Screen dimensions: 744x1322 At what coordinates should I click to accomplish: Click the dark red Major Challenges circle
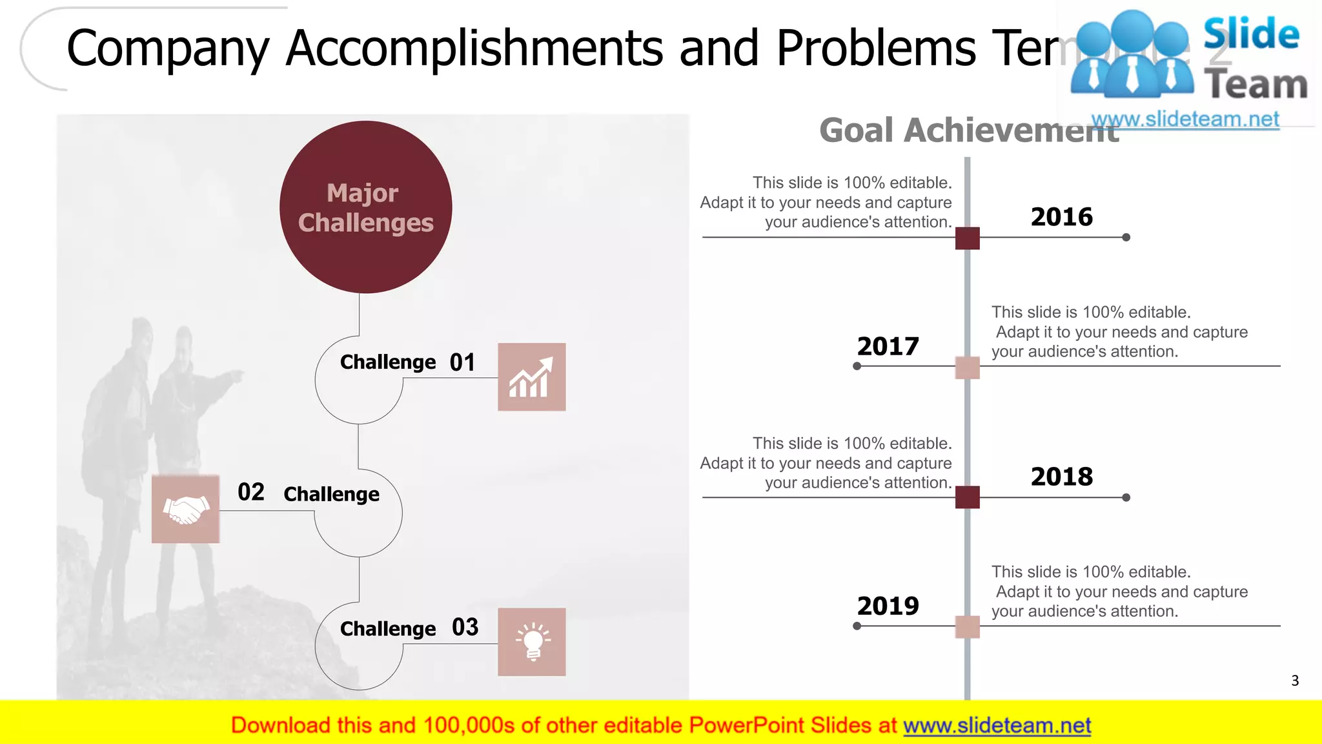(365, 207)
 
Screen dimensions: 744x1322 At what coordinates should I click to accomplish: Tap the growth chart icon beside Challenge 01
(531, 377)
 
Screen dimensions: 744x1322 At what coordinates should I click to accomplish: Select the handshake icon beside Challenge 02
(185, 510)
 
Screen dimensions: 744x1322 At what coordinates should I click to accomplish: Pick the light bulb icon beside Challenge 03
(531, 642)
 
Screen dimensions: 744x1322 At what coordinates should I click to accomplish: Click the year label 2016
(1061, 217)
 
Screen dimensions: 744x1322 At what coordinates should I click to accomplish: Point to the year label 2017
(888, 347)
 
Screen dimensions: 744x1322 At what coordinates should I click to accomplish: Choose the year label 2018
(1061, 477)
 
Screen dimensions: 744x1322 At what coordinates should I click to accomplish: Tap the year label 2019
(888, 606)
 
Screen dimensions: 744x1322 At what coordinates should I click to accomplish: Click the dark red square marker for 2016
(967, 238)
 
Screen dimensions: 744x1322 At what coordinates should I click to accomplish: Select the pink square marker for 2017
(967, 367)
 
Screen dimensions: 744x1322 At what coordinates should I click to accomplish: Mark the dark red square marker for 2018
(967, 497)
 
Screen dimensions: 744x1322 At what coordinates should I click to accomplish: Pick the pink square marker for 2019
(967, 627)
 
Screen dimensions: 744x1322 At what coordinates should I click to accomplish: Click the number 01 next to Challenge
(462, 362)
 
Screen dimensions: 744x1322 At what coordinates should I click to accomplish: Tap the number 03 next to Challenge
(465, 627)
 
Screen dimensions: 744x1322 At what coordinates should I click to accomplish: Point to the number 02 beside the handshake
(250, 492)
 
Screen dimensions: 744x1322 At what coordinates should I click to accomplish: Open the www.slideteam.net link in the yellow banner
(997, 726)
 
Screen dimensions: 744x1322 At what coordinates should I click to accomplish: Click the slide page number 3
(1294, 681)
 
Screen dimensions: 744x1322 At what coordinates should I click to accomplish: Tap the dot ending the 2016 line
(1126, 238)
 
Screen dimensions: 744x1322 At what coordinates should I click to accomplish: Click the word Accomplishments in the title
(474, 48)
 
